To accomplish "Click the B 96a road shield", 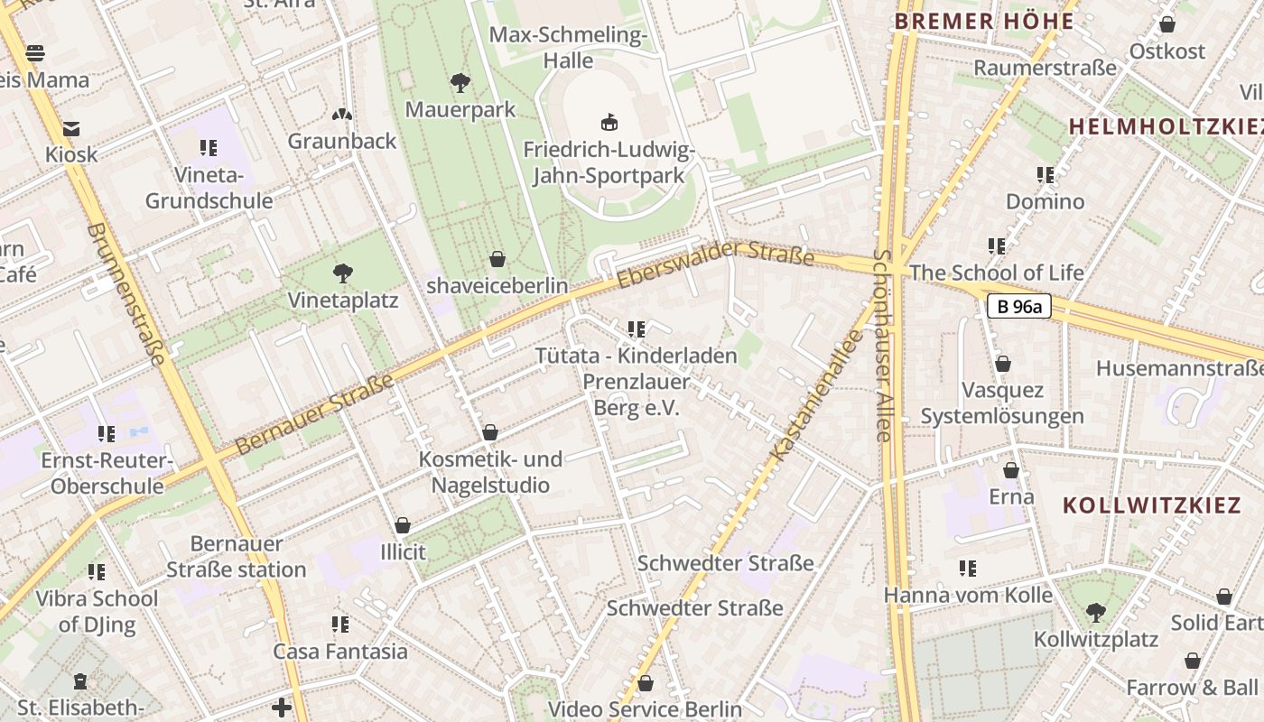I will click(1019, 307).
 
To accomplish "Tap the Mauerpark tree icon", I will click(460, 84).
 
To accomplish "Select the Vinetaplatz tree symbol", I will click(342, 273).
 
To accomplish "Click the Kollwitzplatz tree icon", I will click(1095, 613).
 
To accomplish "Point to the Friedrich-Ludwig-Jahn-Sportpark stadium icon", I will click(609, 122).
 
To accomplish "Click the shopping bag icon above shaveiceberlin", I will click(497, 259).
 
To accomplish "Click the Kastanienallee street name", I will click(816, 393).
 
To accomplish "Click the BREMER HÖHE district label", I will click(984, 22).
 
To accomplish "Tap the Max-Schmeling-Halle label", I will click(568, 48).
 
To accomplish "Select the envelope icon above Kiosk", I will click(70, 128).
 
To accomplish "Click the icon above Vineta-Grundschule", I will click(209, 147).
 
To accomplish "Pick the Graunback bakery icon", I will click(342, 115).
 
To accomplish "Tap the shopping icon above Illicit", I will click(403, 525).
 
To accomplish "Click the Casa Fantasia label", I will click(340, 651).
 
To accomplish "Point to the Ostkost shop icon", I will click(1167, 24).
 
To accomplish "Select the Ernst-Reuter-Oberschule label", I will click(107, 474).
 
